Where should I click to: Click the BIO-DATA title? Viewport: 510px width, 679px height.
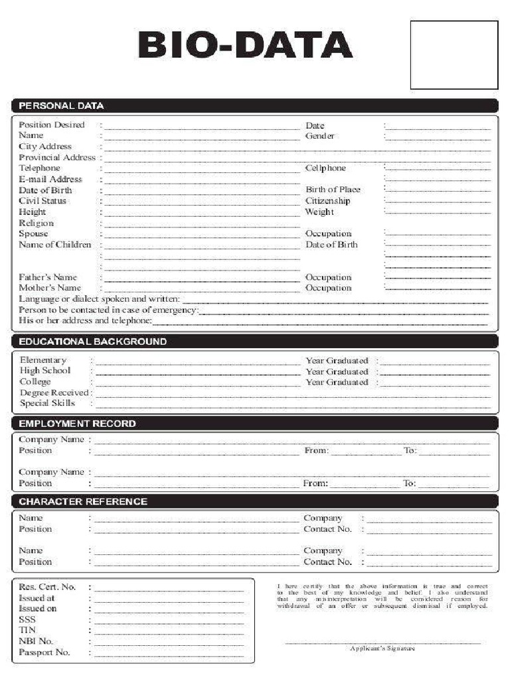pos(245,45)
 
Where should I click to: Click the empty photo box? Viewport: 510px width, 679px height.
pos(454,54)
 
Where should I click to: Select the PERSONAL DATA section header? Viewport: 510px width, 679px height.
pos(61,105)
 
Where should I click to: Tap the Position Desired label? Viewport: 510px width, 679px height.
pos(52,125)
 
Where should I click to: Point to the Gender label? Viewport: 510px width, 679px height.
pos(319,136)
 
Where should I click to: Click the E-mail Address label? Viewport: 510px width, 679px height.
pos(50,179)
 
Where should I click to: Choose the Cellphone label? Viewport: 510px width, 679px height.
pos(325,168)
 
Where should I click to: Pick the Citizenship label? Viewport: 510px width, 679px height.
pos(327,201)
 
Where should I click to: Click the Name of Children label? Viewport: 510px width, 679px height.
pos(55,245)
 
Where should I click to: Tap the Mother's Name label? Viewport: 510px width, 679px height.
pos(50,288)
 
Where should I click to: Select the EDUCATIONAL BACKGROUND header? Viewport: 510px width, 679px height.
pos(92,341)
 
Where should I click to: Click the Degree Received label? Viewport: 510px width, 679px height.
pos(54,393)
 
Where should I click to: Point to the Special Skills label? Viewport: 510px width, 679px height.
pos(47,403)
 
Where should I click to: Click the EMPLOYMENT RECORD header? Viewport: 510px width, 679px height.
pos(77,423)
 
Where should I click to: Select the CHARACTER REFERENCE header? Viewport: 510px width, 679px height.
pos(83,501)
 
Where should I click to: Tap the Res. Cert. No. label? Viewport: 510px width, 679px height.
pos(47,587)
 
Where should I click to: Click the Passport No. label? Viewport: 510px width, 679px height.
pos(44,652)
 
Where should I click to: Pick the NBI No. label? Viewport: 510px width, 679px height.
pos(36,641)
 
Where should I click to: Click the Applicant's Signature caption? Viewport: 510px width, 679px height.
pos(382,648)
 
